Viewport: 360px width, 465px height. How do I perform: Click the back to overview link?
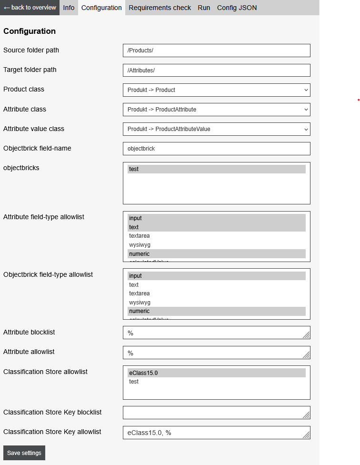pos(30,8)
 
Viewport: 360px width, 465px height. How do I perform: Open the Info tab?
pos(69,8)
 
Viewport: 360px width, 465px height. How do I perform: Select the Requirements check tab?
pos(160,8)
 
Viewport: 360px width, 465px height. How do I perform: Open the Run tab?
pos(204,8)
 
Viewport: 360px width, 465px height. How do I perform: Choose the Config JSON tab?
pos(237,8)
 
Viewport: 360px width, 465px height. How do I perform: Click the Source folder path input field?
pos(216,51)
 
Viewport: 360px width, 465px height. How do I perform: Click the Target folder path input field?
pos(216,70)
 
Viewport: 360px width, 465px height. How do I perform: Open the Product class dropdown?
pos(216,90)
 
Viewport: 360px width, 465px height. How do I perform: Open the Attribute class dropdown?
pos(216,110)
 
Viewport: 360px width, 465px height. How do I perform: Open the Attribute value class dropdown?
pos(216,129)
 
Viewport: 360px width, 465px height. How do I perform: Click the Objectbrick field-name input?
pos(216,149)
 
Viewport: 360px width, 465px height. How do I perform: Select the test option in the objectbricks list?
pos(216,169)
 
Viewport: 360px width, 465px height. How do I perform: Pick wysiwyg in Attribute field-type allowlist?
pos(216,245)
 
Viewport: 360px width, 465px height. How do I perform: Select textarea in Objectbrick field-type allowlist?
pos(216,293)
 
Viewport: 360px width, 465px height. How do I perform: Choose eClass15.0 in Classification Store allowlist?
pos(216,373)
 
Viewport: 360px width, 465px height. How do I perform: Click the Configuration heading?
pos(30,31)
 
